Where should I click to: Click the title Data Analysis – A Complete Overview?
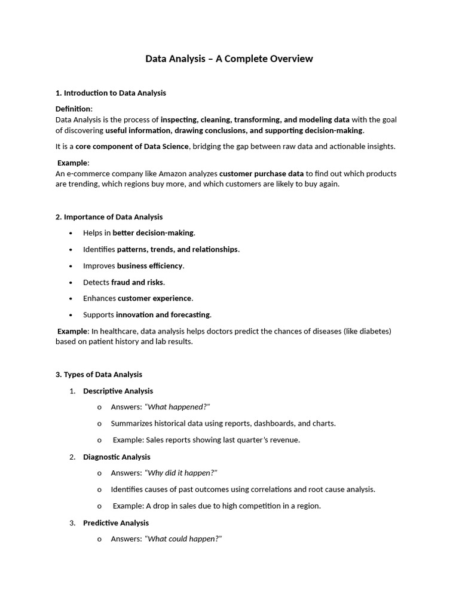(229, 59)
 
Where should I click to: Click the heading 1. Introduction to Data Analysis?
(111, 93)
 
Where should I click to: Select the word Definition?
(74, 109)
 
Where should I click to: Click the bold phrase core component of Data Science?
(132, 146)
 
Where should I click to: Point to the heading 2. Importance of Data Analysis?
(109, 217)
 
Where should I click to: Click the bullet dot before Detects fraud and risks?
(71, 282)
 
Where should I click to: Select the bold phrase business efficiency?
(150, 265)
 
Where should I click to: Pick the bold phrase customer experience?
(154, 298)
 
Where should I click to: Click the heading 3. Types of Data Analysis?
(99, 375)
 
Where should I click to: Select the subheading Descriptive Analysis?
(118, 391)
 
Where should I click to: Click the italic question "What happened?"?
(177, 407)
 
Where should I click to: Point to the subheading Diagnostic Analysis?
(117, 457)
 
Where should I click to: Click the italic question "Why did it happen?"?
(180, 473)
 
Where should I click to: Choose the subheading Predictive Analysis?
(116, 523)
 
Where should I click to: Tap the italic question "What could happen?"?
(183, 539)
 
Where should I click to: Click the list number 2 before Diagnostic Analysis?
(72, 457)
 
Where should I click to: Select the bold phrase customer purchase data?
(261, 173)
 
